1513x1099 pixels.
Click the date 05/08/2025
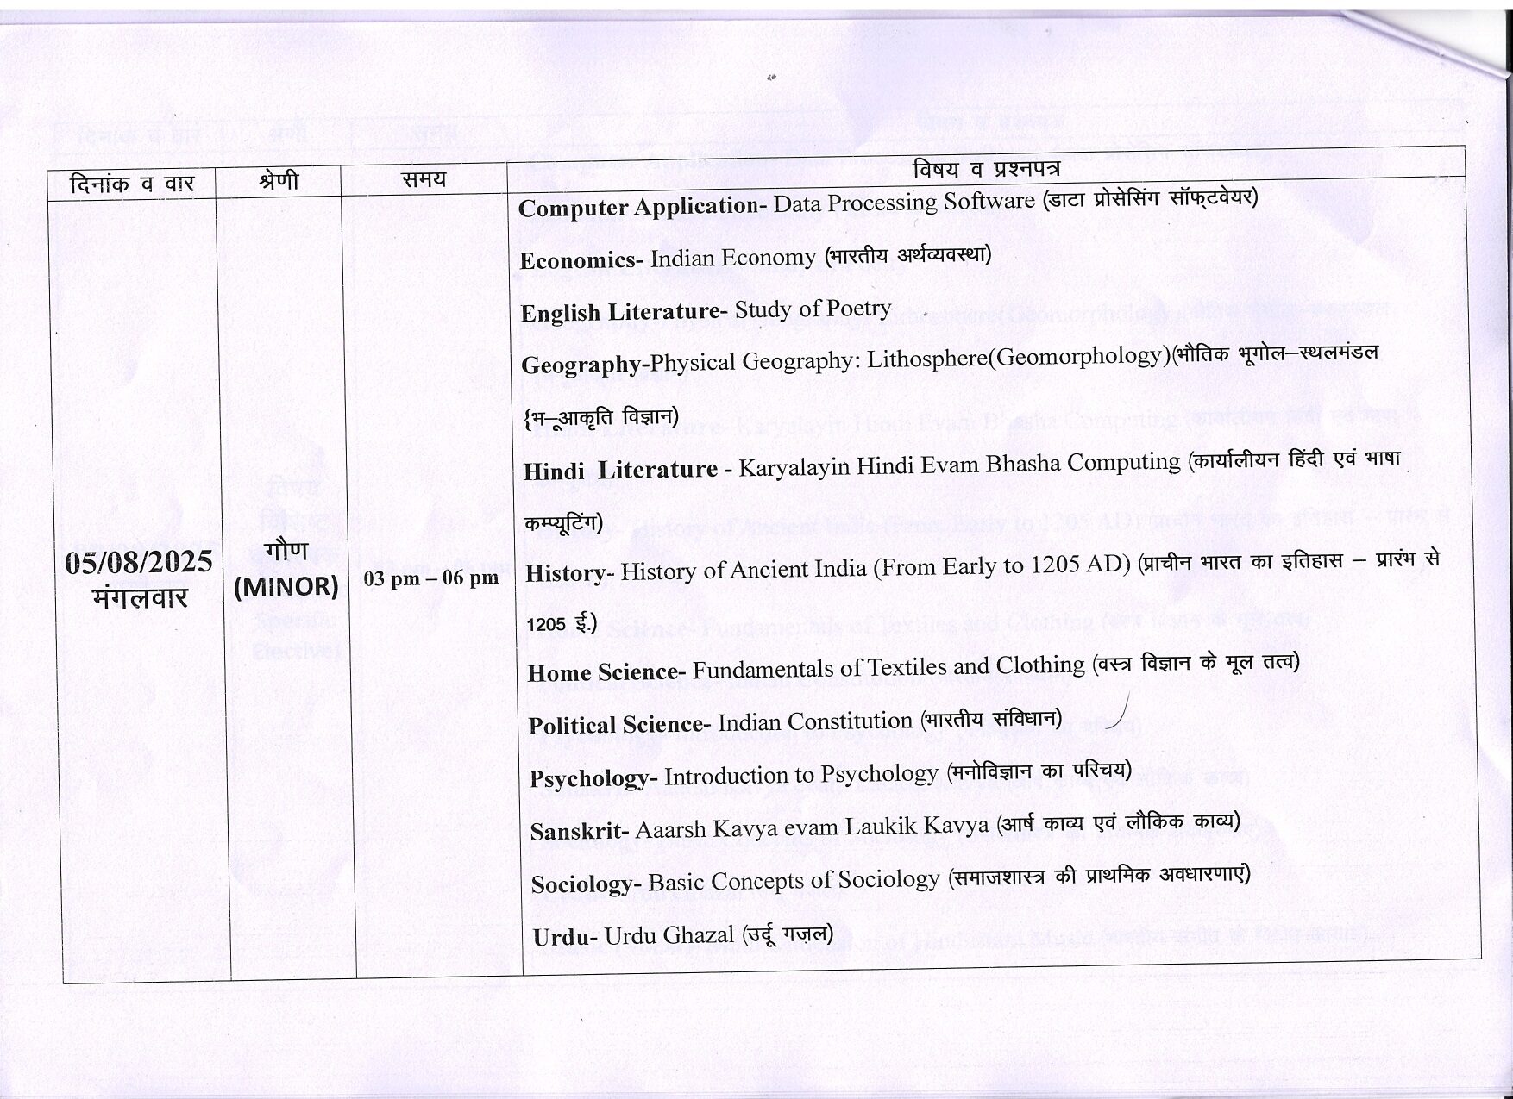pos(139,562)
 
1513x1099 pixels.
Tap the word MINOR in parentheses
pos(286,587)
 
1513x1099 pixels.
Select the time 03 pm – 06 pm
pos(430,578)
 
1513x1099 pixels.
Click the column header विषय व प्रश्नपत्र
pos(986,168)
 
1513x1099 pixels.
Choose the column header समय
pos(424,179)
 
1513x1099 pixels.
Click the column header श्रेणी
pos(279,180)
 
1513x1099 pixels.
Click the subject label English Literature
pos(619,311)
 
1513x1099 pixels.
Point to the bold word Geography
pos(582,365)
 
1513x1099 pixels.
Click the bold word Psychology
pos(592,778)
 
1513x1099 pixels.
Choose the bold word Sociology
pos(583,884)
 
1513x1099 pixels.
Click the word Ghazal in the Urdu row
pos(700,934)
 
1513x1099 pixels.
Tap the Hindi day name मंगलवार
pos(140,597)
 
